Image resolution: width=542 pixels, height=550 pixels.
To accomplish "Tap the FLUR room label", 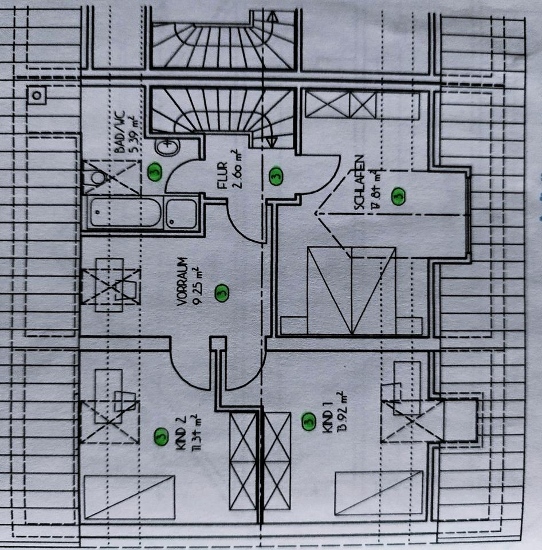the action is pos(221,177).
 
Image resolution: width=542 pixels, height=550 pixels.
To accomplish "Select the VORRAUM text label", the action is pos(182,286).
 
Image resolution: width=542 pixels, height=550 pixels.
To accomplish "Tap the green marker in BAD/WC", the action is pos(154,171).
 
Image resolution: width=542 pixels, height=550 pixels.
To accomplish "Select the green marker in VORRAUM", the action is pos(222,293).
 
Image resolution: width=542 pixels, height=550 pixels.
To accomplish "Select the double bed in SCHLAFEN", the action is pos(351,290).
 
